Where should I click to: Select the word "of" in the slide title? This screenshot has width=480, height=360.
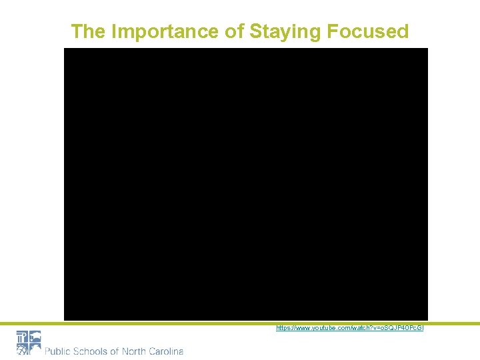tap(235, 31)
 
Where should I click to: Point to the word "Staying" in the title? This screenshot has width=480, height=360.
tap(281, 32)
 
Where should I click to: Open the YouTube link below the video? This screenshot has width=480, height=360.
tap(349, 328)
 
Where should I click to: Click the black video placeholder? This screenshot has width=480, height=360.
tap(245, 183)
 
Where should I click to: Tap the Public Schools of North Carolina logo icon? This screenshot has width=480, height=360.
tap(29, 343)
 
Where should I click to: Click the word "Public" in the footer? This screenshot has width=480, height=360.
tap(58, 351)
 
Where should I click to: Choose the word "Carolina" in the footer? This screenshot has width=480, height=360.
tap(166, 351)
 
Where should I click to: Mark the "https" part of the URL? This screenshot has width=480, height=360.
tap(283, 328)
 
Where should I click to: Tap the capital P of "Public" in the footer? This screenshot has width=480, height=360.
tap(47, 351)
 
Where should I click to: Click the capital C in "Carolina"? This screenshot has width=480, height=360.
tap(153, 351)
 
